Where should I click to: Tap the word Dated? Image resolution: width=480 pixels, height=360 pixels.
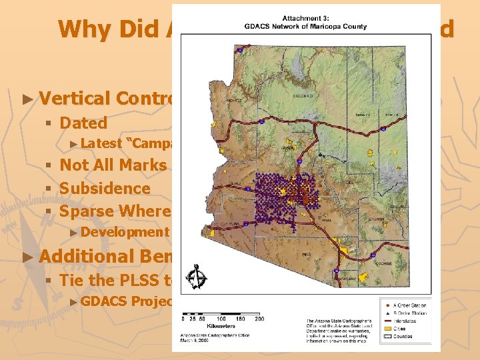coord(83,123)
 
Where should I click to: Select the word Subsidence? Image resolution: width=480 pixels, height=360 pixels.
coord(105,188)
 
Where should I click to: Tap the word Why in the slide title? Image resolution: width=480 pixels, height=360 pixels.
coord(79,29)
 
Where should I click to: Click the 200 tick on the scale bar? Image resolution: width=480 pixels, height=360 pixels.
coord(259,319)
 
